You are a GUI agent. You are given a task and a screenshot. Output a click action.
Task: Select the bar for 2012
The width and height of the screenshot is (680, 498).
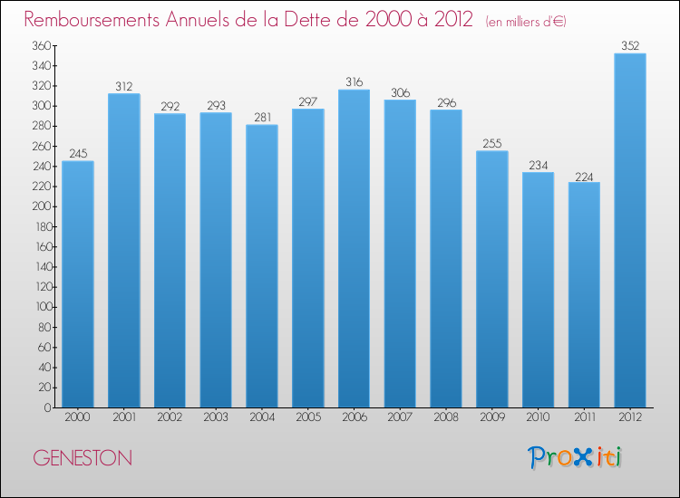[630, 230]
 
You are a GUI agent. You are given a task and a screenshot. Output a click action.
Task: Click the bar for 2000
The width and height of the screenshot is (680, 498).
[78, 284]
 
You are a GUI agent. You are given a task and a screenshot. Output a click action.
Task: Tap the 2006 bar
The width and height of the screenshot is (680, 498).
[354, 249]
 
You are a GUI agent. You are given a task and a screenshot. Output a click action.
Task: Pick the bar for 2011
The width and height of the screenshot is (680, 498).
[584, 295]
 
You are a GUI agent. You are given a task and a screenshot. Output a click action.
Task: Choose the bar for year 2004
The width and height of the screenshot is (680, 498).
[262, 266]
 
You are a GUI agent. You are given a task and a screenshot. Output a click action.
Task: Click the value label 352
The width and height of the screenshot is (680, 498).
[630, 45]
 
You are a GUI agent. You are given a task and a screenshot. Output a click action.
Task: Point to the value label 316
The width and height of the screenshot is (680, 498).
[354, 81]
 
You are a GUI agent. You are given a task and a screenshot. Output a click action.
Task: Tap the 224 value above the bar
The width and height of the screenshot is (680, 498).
[584, 177]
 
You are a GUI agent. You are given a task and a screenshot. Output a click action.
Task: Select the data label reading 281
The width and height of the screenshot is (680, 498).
[262, 117]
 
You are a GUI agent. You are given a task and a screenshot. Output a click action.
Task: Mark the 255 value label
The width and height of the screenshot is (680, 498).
[492, 143]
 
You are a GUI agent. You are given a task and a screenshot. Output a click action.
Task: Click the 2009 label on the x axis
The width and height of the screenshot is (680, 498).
[492, 417]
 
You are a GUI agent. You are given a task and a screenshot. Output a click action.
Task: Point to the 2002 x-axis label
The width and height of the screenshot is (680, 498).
[170, 417]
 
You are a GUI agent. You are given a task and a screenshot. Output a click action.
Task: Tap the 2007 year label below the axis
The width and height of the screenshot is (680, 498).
[400, 417]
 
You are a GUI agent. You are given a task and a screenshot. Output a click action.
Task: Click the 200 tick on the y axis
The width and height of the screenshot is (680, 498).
[41, 206]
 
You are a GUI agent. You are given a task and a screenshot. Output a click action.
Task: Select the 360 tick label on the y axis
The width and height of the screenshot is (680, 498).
[41, 45]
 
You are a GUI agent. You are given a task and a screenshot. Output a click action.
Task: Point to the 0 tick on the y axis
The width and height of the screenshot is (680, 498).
[47, 407]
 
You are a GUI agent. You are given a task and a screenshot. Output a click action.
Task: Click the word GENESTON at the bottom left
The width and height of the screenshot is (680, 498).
[83, 458]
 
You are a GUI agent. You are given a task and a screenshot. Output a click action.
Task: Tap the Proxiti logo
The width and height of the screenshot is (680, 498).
[575, 457]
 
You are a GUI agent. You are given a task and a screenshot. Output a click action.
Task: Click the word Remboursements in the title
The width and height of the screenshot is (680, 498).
[92, 20]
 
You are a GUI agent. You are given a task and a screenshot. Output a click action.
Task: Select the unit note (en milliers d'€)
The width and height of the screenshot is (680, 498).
[526, 22]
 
